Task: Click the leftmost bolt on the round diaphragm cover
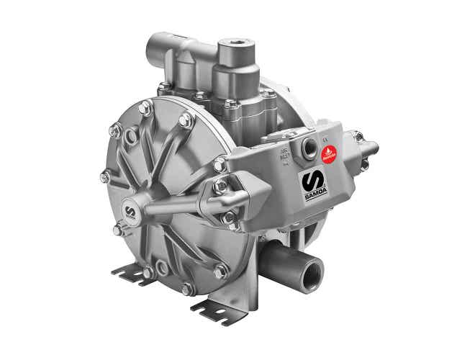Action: [105, 176]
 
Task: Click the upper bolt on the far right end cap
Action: [357, 135]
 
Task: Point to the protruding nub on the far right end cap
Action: [372, 149]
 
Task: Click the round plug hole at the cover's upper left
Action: [131, 136]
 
